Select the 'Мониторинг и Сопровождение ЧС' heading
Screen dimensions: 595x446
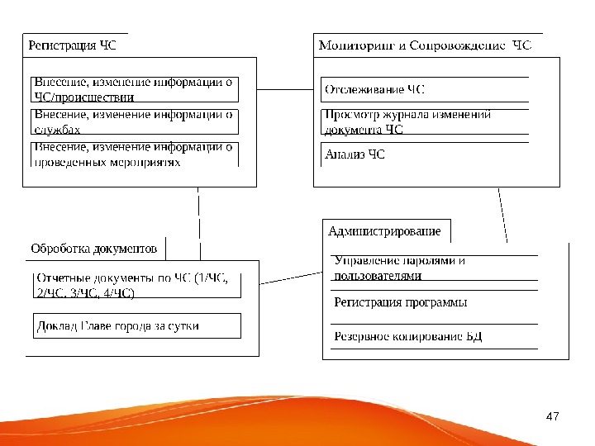coord(425,45)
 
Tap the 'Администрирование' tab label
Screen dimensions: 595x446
coord(384,231)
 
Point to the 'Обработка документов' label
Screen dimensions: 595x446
coord(93,248)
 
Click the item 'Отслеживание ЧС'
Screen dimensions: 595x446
coord(375,88)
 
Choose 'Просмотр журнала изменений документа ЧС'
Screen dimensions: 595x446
coord(408,121)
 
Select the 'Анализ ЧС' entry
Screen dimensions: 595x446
coord(355,154)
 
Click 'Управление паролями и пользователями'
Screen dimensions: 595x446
coord(400,268)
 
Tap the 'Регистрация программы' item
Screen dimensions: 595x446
coord(401,302)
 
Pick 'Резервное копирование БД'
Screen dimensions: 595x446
coord(408,337)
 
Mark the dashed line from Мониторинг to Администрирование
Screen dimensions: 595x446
coord(502,215)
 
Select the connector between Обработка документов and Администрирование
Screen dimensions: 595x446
coord(290,270)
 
